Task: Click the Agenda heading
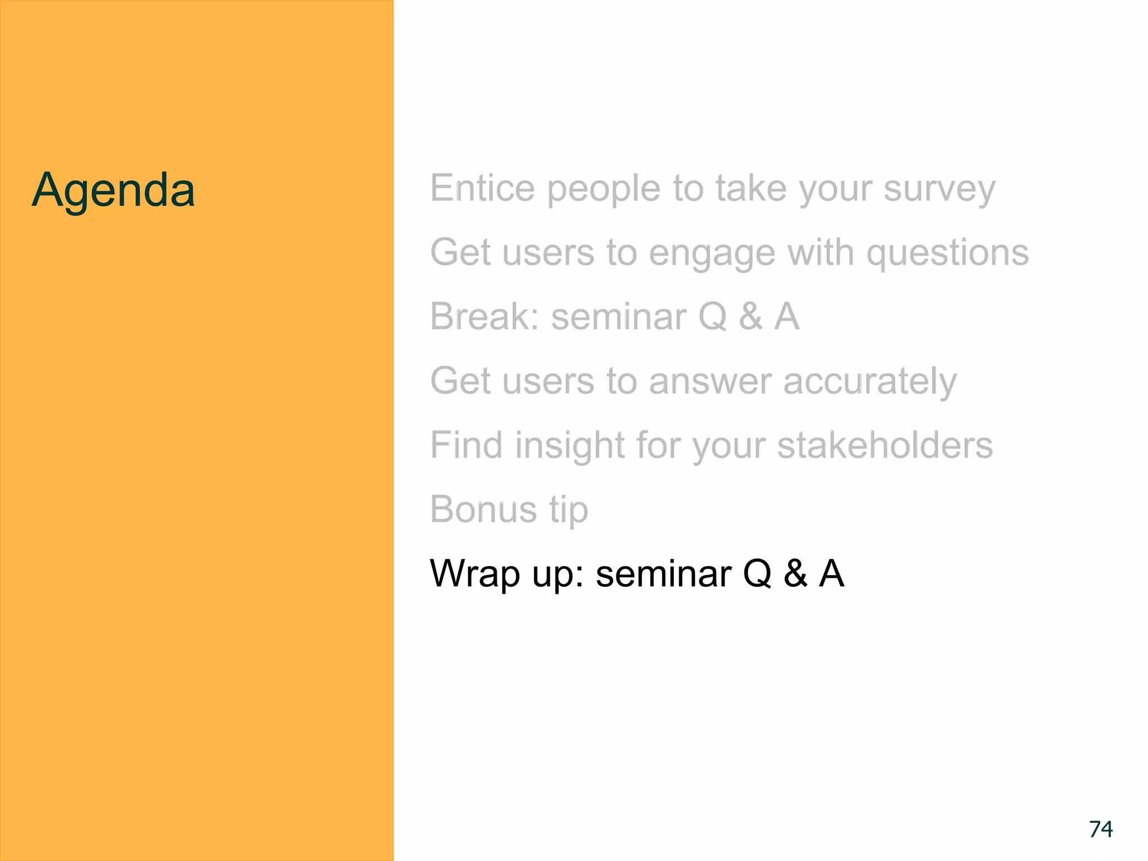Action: (x=113, y=191)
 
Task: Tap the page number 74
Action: (x=1100, y=829)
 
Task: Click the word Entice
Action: (x=482, y=188)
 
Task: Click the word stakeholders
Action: (x=885, y=445)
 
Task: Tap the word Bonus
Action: (x=483, y=509)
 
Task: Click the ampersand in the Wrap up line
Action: (x=795, y=573)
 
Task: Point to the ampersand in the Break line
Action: (x=751, y=316)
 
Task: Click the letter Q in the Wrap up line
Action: (x=757, y=573)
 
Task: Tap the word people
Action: (x=604, y=189)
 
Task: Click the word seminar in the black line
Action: (x=663, y=574)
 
